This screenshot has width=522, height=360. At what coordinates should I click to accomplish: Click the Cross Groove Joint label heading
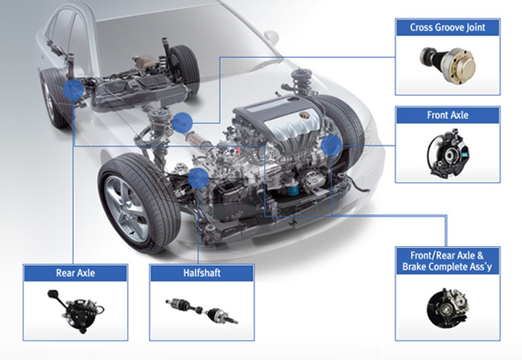pyautogui.click(x=447, y=28)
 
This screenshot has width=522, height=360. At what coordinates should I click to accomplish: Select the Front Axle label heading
pyautogui.click(x=447, y=115)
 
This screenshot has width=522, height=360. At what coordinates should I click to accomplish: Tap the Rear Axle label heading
pyautogui.click(x=75, y=273)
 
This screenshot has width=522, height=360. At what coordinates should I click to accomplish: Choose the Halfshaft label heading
pyautogui.click(x=202, y=273)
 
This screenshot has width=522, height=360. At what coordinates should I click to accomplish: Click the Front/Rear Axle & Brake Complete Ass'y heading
pyautogui.click(x=447, y=261)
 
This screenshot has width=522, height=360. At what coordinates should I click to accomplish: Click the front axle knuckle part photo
pyautogui.click(x=448, y=154)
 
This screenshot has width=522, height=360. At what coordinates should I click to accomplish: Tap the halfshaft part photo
pyautogui.click(x=202, y=311)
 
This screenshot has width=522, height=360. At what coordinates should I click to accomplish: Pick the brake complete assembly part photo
pyautogui.click(x=447, y=308)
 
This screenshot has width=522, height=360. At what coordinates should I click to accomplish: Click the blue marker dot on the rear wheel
pyautogui.click(x=73, y=90)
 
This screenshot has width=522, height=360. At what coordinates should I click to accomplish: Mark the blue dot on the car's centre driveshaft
pyautogui.click(x=182, y=122)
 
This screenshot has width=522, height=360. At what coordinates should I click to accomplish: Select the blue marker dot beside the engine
pyautogui.click(x=331, y=146)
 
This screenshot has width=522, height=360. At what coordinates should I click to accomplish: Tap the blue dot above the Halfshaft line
pyautogui.click(x=199, y=178)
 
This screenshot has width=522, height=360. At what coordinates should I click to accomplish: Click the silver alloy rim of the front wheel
pyautogui.click(x=126, y=209)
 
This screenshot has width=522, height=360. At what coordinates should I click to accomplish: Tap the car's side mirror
pyautogui.click(x=271, y=38)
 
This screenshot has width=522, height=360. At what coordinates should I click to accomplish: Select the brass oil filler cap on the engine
pyautogui.click(x=304, y=115)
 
